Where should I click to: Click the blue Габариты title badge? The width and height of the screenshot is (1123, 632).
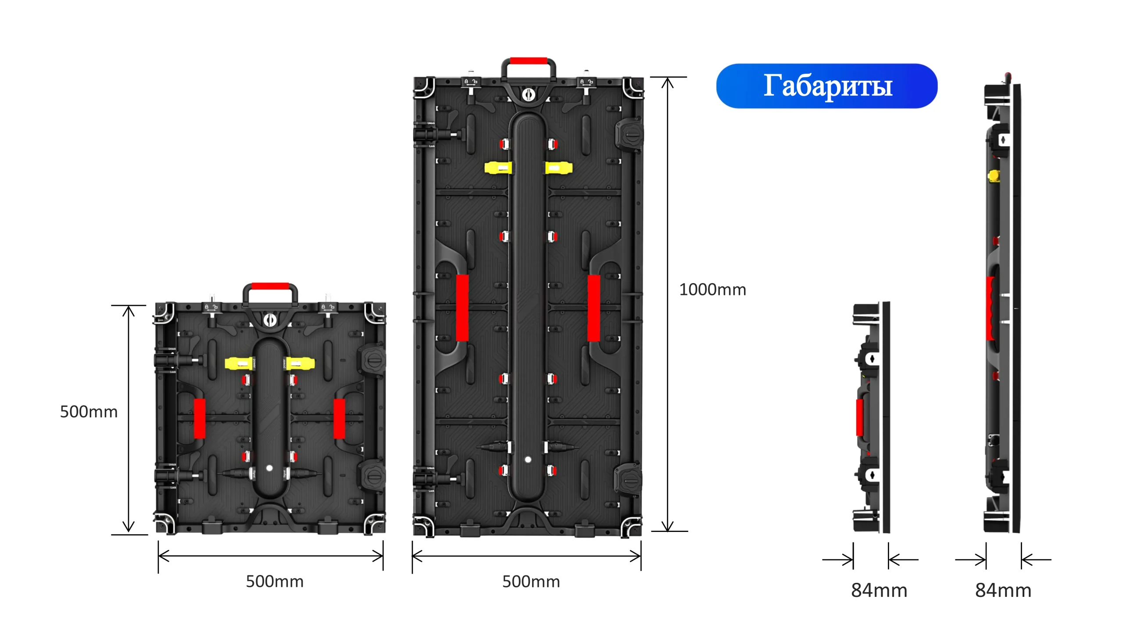tap(826, 86)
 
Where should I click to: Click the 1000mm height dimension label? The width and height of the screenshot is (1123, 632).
tap(712, 290)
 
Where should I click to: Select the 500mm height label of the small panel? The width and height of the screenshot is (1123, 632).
tap(89, 412)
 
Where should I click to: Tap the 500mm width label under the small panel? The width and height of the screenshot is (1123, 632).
tap(275, 582)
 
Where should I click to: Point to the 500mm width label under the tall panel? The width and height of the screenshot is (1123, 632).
tap(531, 582)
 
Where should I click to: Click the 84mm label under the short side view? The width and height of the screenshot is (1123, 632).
tap(879, 590)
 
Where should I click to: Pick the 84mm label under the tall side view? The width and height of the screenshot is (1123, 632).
tap(1003, 590)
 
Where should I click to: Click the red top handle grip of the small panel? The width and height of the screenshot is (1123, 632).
tap(270, 286)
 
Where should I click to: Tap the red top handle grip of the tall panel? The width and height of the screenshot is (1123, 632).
tap(529, 61)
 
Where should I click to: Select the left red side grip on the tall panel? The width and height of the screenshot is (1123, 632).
tap(462, 308)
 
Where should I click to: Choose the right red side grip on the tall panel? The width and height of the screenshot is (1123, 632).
tap(594, 308)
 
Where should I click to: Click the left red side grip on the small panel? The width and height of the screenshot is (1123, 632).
tap(200, 419)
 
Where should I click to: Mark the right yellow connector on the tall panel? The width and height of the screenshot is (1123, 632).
tap(559, 168)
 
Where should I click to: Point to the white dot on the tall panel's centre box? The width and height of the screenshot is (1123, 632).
tap(528, 460)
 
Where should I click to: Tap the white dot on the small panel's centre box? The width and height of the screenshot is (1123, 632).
tap(269, 468)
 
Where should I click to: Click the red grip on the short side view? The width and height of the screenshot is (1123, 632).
tap(859, 417)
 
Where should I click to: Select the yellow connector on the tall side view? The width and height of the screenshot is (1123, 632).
tap(994, 176)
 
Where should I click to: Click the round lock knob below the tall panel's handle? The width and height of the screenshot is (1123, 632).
tap(529, 94)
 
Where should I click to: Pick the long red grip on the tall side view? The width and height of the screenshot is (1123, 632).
tap(990, 308)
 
